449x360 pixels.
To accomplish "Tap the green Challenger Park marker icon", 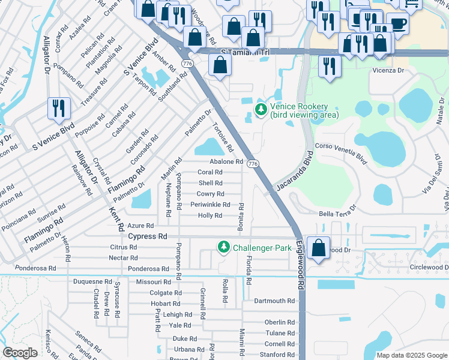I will coord(224,247).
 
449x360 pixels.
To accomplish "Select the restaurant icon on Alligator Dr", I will coord(59,109).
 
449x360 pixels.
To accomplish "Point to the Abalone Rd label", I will coord(226,162).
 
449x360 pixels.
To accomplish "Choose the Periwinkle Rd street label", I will coord(210,205).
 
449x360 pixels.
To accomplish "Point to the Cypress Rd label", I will coord(147,236).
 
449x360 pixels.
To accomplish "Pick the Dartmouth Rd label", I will coord(274,301).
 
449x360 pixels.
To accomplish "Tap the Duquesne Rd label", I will coord(92,281).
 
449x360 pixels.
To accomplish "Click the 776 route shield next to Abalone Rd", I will coord(253,163).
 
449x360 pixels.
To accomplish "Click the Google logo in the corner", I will coord(20,353).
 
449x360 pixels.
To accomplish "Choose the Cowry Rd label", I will coord(210,194).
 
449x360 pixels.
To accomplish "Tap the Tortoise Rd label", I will coord(223,137).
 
